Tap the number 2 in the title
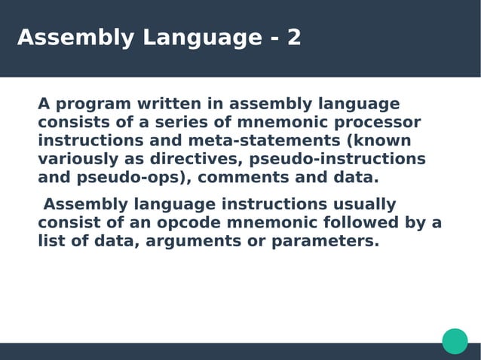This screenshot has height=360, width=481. [293, 38]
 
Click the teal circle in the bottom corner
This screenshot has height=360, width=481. [455, 340]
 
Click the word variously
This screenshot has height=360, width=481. [74, 160]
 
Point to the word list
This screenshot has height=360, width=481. [48, 243]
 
